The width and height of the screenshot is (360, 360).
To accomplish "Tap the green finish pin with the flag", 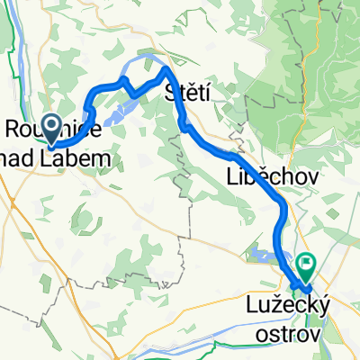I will pos(307,265).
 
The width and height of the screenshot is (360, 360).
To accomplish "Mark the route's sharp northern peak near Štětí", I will pos(166,68).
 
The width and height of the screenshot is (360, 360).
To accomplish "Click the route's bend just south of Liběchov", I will pos(283,209).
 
